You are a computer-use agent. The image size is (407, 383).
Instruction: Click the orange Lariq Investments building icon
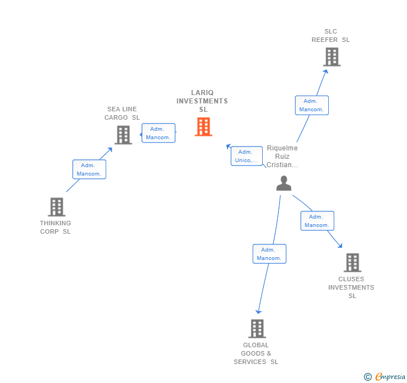click(x=203, y=127)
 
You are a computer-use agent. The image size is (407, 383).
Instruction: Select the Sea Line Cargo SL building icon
click(x=123, y=135)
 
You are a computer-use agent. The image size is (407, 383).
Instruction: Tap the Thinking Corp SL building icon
click(x=56, y=207)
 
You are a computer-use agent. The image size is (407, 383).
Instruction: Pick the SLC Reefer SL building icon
click(x=332, y=56)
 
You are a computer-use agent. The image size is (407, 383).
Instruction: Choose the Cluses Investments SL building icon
click(x=352, y=262)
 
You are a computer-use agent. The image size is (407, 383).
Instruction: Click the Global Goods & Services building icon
click(x=257, y=329)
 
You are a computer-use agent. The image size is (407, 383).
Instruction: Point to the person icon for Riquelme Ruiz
click(x=284, y=183)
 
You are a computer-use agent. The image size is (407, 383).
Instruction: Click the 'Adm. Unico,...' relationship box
click(x=247, y=156)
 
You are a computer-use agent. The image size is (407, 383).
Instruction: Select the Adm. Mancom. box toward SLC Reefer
click(x=311, y=105)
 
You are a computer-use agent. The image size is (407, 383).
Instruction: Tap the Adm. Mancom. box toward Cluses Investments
click(x=317, y=221)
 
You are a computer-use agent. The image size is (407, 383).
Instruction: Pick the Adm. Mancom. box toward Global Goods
click(x=269, y=254)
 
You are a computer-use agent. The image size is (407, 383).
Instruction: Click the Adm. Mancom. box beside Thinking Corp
click(x=89, y=169)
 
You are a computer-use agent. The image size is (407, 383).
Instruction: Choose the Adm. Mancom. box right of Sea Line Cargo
click(x=158, y=133)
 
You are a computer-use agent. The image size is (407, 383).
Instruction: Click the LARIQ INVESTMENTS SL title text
click(x=202, y=101)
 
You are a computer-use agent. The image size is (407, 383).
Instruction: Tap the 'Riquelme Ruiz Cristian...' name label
click(x=282, y=157)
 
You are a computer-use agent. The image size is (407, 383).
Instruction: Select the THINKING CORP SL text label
click(x=55, y=227)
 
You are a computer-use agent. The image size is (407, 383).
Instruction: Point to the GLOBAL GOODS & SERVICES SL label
click(x=256, y=353)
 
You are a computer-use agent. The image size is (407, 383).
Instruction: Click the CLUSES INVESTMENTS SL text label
click(x=351, y=287)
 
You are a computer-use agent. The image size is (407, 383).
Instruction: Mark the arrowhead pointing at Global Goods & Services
click(x=258, y=311)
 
